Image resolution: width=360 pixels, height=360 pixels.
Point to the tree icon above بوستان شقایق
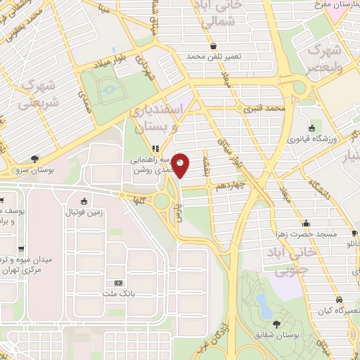click(x=275, y=324)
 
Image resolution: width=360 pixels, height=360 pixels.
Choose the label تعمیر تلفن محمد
click(x=214, y=56)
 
